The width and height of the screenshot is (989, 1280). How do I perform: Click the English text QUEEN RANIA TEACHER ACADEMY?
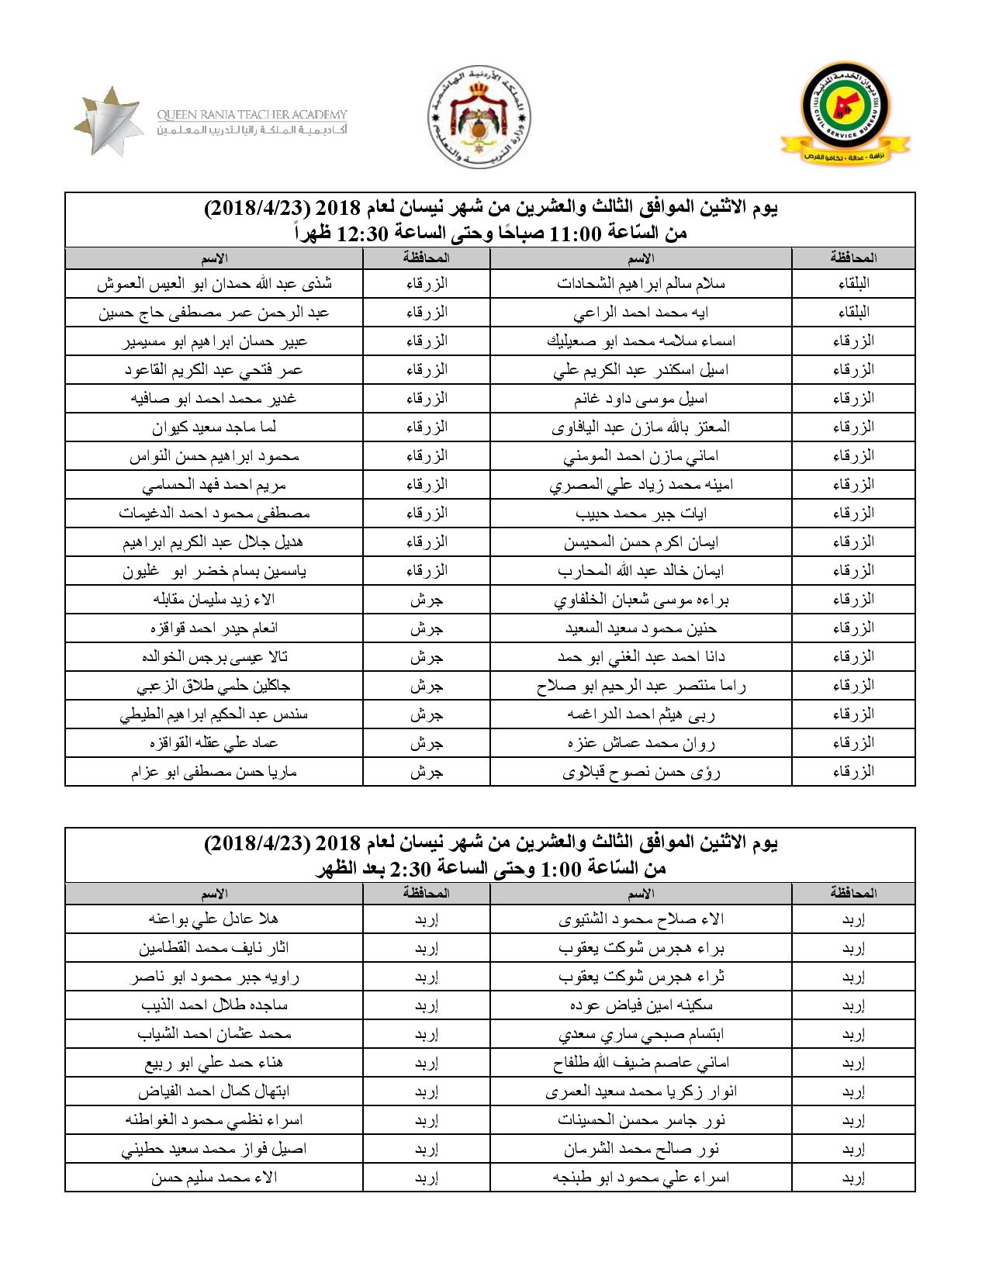(252, 114)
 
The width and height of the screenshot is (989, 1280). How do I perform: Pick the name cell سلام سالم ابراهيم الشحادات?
(641, 283)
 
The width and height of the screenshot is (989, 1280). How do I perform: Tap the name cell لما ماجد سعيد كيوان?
(215, 427)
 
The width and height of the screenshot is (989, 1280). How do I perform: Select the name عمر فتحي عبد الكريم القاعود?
(215, 370)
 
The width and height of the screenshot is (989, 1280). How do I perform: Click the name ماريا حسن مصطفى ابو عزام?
(215, 772)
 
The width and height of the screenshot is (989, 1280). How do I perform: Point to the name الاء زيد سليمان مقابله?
(215, 600)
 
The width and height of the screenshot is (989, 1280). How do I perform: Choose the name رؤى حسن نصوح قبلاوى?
(641, 772)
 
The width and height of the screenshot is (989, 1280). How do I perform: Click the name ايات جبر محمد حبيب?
(641, 514)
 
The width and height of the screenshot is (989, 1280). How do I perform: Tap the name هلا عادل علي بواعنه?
(215, 919)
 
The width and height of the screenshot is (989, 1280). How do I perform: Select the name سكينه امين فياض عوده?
(641, 1005)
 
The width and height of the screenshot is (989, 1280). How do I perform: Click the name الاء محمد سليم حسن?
(215, 1178)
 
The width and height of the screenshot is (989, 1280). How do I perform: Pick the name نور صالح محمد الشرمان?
(641, 1149)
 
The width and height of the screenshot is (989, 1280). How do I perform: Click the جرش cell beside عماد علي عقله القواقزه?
(426, 743)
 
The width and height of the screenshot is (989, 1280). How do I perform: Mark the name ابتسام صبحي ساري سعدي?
(641, 1034)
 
